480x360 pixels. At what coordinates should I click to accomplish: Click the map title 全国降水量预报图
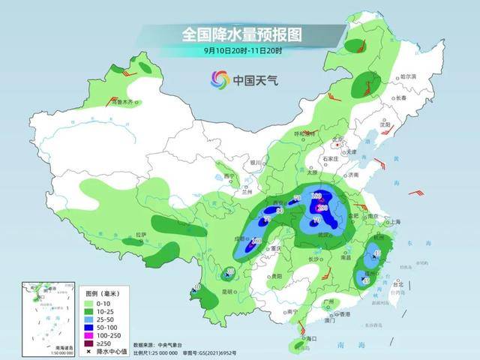click(x=240, y=34)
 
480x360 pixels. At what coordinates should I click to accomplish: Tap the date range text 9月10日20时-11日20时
click(x=240, y=50)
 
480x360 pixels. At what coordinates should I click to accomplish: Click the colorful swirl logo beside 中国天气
click(x=220, y=79)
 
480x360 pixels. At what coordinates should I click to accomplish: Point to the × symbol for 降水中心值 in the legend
click(x=91, y=350)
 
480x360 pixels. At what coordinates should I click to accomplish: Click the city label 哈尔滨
click(x=407, y=76)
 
